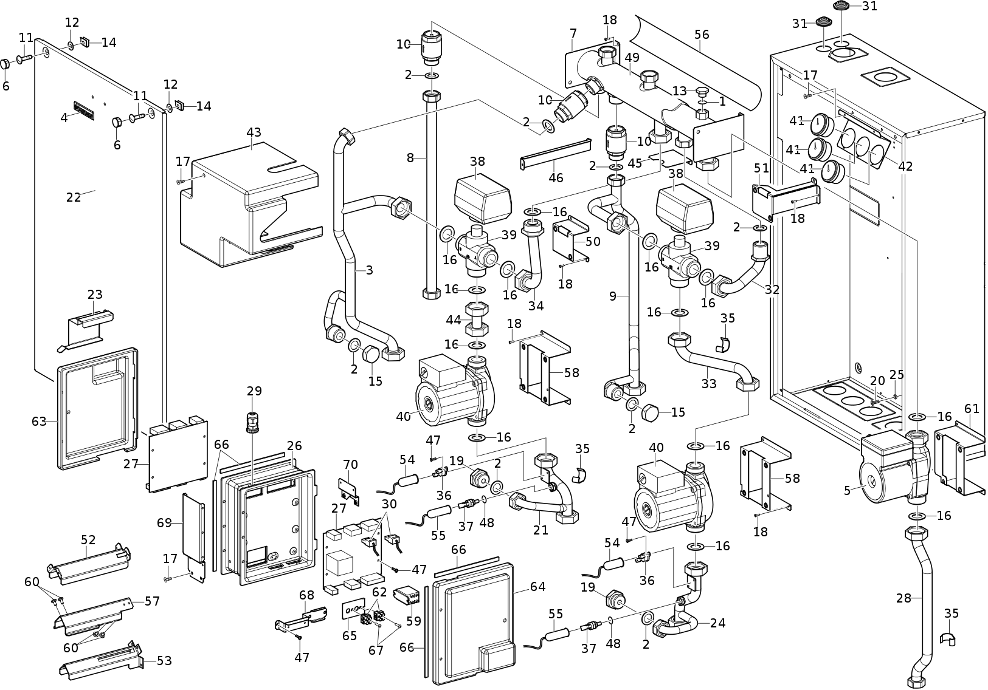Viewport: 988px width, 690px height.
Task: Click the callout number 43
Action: click(254, 132)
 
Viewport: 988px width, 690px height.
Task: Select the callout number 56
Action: click(702, 35)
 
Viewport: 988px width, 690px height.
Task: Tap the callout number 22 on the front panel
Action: click(74, 197)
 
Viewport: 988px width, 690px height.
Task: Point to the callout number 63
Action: click(39, 421)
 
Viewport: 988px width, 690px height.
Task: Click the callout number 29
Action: click(254, 391)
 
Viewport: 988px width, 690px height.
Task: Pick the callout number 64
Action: click(537, 587)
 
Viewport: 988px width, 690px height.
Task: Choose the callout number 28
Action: click(903, 598)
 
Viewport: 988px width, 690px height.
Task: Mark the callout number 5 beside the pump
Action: click(848, 490)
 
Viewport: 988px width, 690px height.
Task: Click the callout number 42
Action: click(905, 166)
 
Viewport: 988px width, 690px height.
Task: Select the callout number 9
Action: click(613, 296)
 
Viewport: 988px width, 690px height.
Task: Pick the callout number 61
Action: click(972, 409)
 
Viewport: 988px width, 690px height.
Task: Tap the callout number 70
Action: click(350, 465)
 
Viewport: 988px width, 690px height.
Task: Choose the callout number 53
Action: click(164, 660)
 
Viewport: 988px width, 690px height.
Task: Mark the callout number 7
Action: click(573, 32)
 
